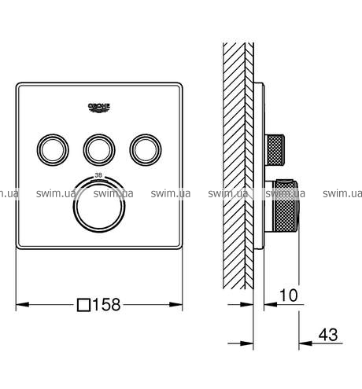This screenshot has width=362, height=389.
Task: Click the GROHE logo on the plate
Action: [x=99, y=108]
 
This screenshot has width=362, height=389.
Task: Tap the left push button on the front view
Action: [x=53, y=150]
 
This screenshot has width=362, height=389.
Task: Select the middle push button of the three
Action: [x=99, y=150]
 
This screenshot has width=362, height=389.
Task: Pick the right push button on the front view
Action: [x=146, y=150]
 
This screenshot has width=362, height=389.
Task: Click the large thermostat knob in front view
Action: [x=99, y=206]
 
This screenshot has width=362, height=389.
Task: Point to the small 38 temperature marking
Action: [x=98, y=175]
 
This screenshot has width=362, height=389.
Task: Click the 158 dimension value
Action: [x=107, y=305]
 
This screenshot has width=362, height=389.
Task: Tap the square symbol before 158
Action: [x=83, y=305]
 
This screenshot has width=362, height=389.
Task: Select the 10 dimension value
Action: [x=289, y=295]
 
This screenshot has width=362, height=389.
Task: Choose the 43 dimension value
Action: [x=328, y=335]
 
